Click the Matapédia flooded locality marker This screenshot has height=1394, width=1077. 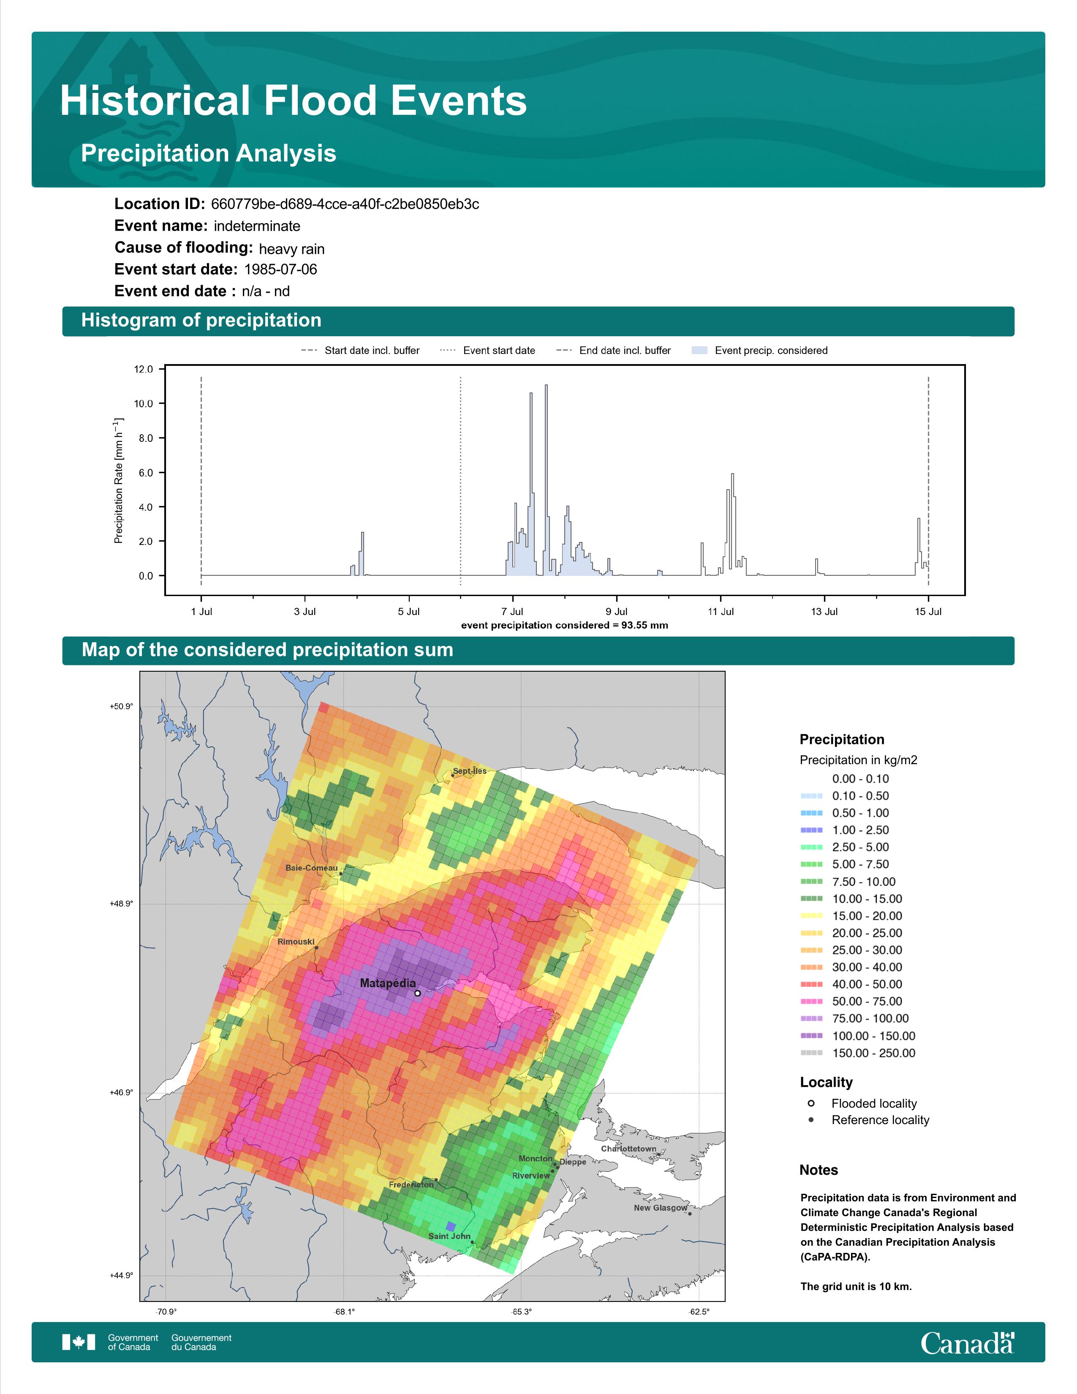pos(417,993)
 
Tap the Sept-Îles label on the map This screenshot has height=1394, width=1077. pos(470,771)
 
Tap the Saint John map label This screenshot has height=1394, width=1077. pos(449,1236)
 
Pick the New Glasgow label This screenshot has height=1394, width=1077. pos(661,1208)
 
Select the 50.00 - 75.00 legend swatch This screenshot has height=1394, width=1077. pos(811,1002)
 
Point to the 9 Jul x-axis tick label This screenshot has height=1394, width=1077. pos(616,612)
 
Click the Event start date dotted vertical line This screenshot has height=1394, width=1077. pos(461,481)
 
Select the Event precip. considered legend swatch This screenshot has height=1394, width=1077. pos(699,351)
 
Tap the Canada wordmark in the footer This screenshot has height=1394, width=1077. pos(967,1344)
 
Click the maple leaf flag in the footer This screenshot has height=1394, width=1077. pos(79,1342)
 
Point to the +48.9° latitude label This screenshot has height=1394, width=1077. pos(121,904)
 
